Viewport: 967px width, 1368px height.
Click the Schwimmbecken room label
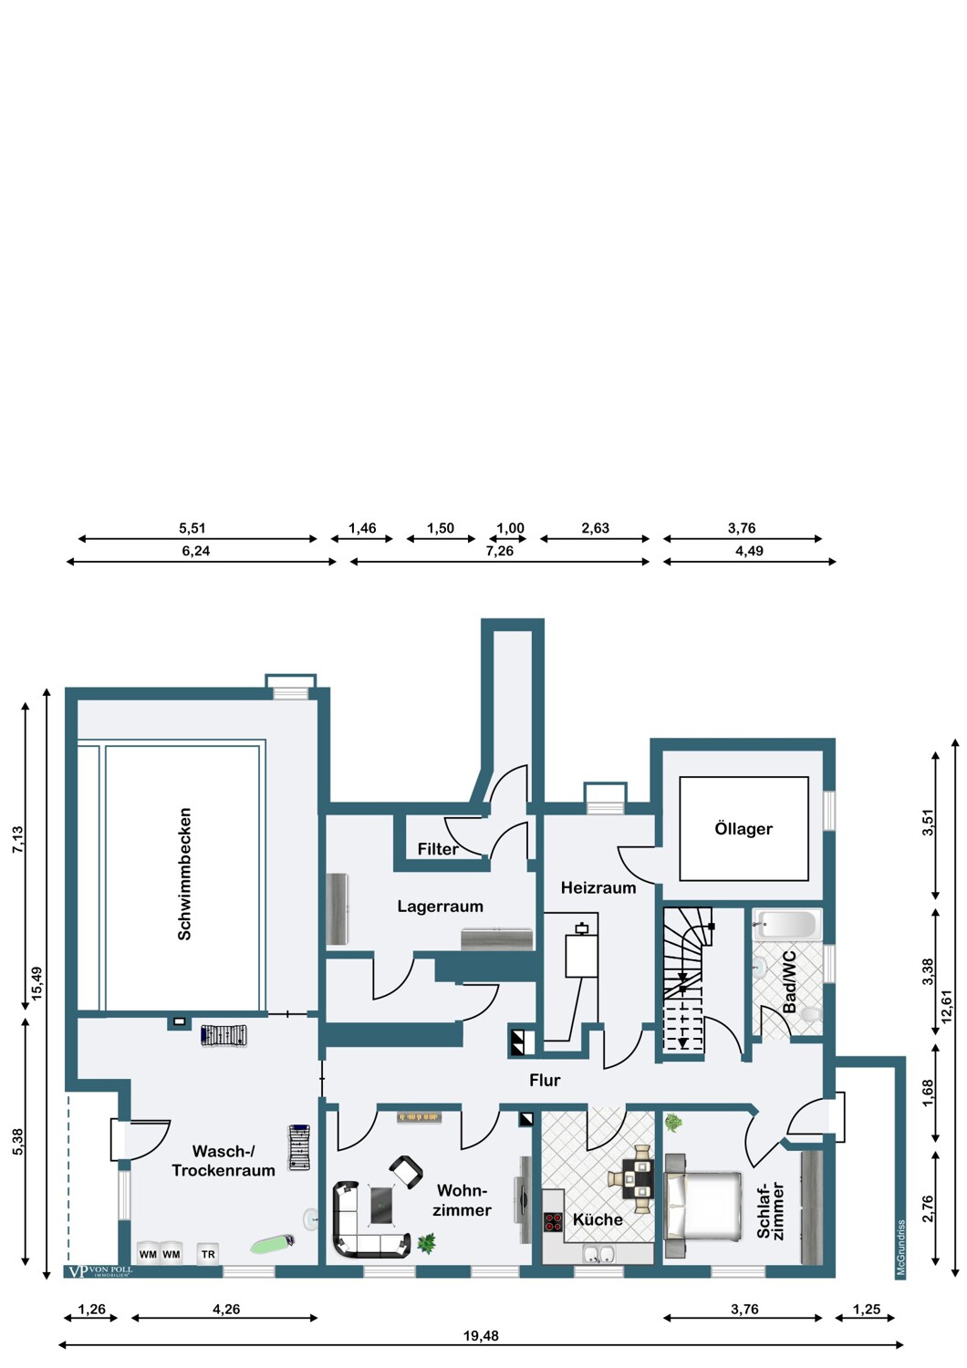pos(184,874)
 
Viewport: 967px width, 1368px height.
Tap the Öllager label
pos(743,829)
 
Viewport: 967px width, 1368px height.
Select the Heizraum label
pos(598,887)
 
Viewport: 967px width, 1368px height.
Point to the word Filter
pos(438,849)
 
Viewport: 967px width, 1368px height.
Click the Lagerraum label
pos(440,907)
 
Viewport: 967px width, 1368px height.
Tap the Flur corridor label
pos(545,1081)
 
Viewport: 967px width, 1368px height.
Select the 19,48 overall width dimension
pos(481,1336)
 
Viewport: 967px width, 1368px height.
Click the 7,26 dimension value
pos(499,551)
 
